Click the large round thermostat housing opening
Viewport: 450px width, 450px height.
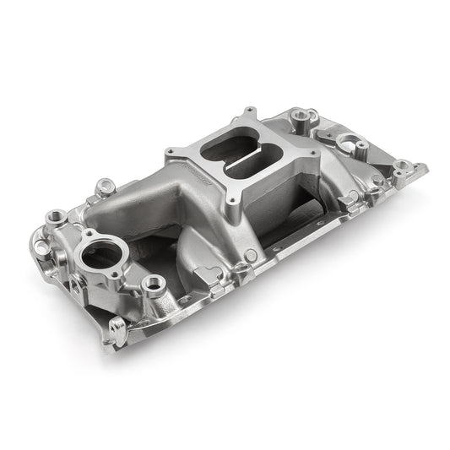(99, 252)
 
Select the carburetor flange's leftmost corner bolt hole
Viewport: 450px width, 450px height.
(192, 153)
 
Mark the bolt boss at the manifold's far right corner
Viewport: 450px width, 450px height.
(403, 167)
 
